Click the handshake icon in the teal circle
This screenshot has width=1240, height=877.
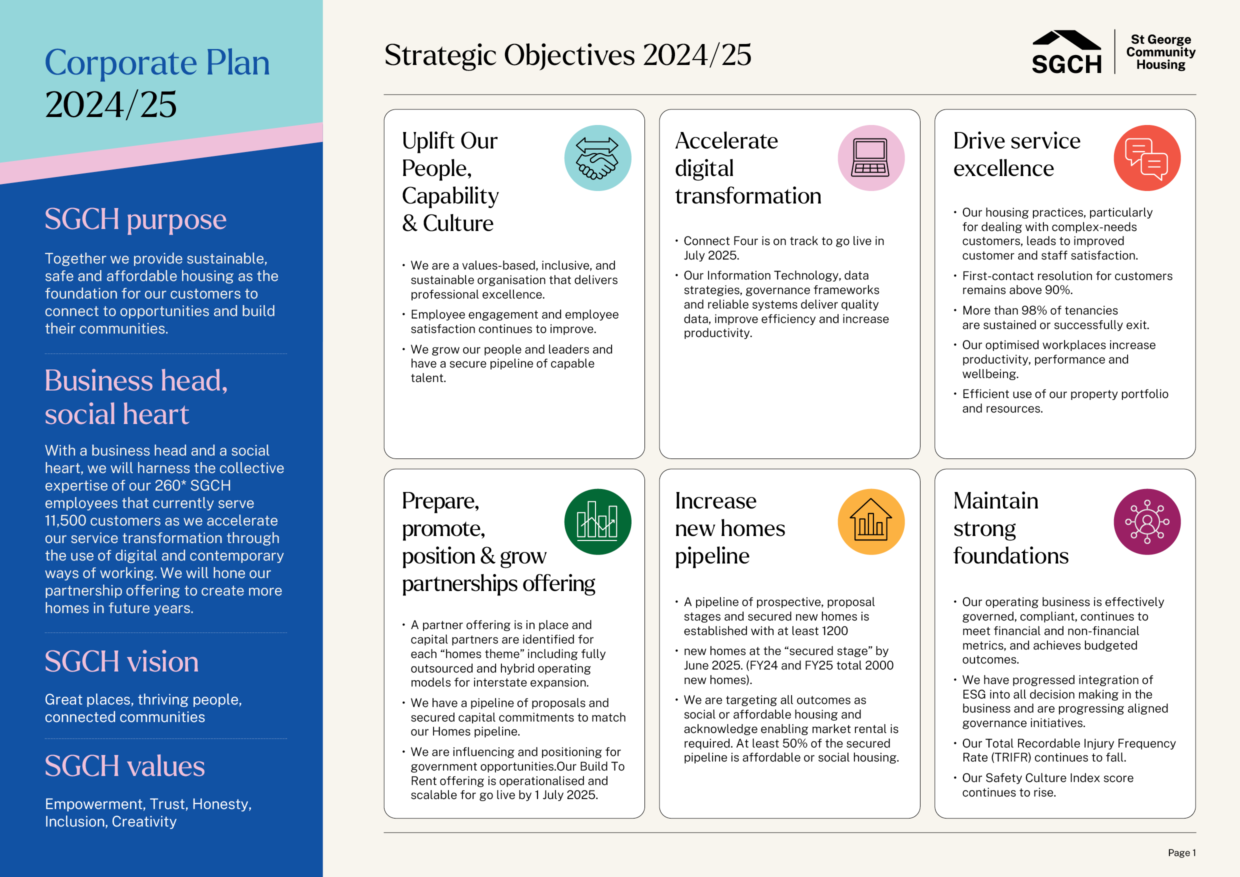tap(597, 158)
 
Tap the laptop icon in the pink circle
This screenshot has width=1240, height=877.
tap(870, 157)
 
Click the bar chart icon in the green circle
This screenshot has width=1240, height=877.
tap(597, 520)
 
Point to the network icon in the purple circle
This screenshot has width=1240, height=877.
tap(1146, 521)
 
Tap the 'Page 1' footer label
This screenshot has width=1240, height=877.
tap(1181, 852)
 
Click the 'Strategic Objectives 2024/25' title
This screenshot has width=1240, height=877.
tap(567, 55)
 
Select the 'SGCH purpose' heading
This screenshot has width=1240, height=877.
tap(135, 219)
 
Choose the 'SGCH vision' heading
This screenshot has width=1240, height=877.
tap(121, 661)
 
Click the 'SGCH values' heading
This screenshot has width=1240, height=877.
tap(125, 766)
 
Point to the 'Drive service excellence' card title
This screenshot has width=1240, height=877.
tap(1016, 154)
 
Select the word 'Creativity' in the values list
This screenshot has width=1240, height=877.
tap(144, 821)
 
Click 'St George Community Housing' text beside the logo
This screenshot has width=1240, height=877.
tap(1160, 52)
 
